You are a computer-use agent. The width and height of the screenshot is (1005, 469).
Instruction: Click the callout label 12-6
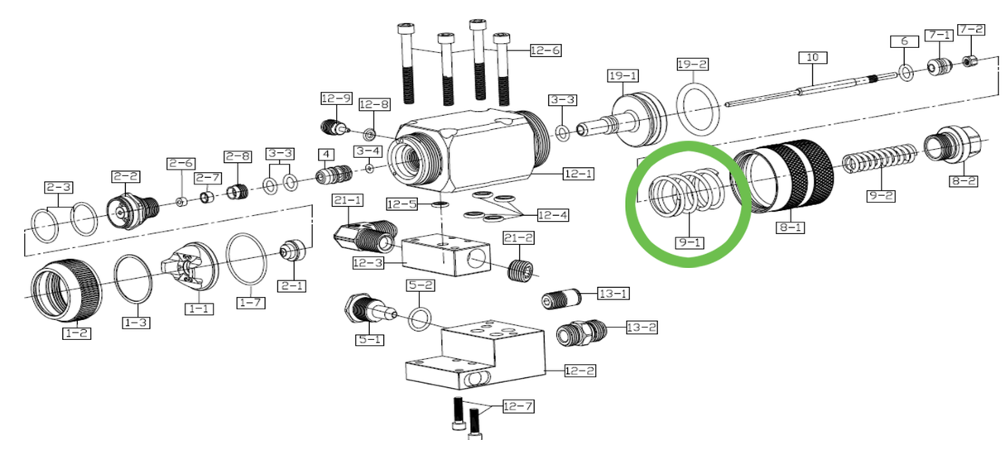pos(545,50)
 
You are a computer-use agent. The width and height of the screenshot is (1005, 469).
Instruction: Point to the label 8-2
pos(963,179)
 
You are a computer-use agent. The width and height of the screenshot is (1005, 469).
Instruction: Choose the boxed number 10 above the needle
pos(812,58)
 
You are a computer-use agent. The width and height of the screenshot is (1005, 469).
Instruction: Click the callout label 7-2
pos(971,30)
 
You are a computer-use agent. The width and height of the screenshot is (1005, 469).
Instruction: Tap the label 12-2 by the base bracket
pos(579,371)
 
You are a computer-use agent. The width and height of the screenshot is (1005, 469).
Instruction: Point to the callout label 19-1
pos(623,76)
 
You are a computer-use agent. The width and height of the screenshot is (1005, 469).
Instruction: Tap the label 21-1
pos(348,201)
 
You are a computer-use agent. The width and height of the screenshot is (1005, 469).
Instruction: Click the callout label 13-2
pos(641,328)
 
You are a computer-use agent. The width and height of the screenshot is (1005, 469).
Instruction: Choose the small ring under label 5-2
pos(420,318)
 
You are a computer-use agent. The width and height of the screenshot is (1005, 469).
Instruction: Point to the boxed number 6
pos(904,41)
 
